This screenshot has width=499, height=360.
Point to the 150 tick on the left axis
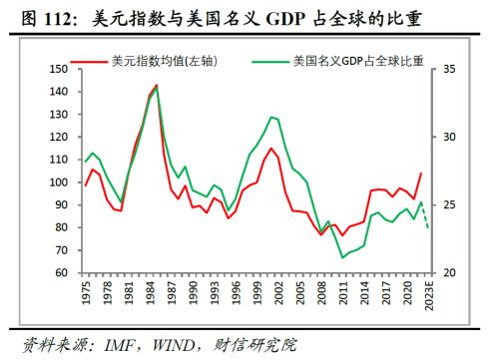click(57, 69)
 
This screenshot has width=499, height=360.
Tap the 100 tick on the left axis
click(57, 182)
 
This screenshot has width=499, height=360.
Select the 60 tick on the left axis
click(60, 273)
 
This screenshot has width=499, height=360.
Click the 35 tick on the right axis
click(448, 69)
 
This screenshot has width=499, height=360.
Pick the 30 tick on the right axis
click(448, 137)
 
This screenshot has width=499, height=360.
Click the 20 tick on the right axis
click(448, 273)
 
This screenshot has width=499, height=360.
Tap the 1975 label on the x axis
click(86, 295)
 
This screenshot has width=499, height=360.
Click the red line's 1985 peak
click(157, 88)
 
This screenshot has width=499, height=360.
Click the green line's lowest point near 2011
click(343, 257)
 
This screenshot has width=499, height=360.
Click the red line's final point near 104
click(422, 174)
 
